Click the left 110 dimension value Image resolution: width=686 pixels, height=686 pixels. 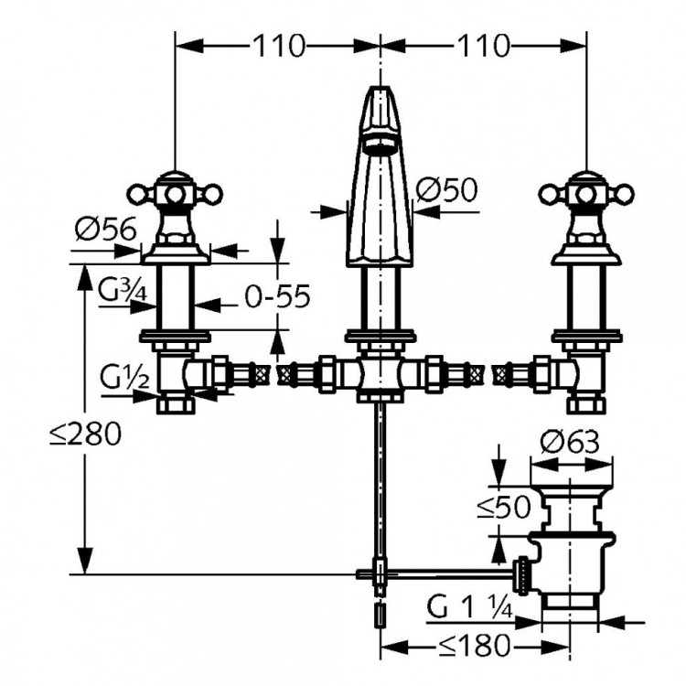point(277,45)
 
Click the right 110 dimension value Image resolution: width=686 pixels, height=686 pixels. point(482,45)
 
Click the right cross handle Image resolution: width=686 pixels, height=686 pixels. point(581,193)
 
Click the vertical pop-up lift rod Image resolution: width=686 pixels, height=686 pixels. point(378,485)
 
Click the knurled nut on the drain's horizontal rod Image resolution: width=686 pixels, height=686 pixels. point(522,573)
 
